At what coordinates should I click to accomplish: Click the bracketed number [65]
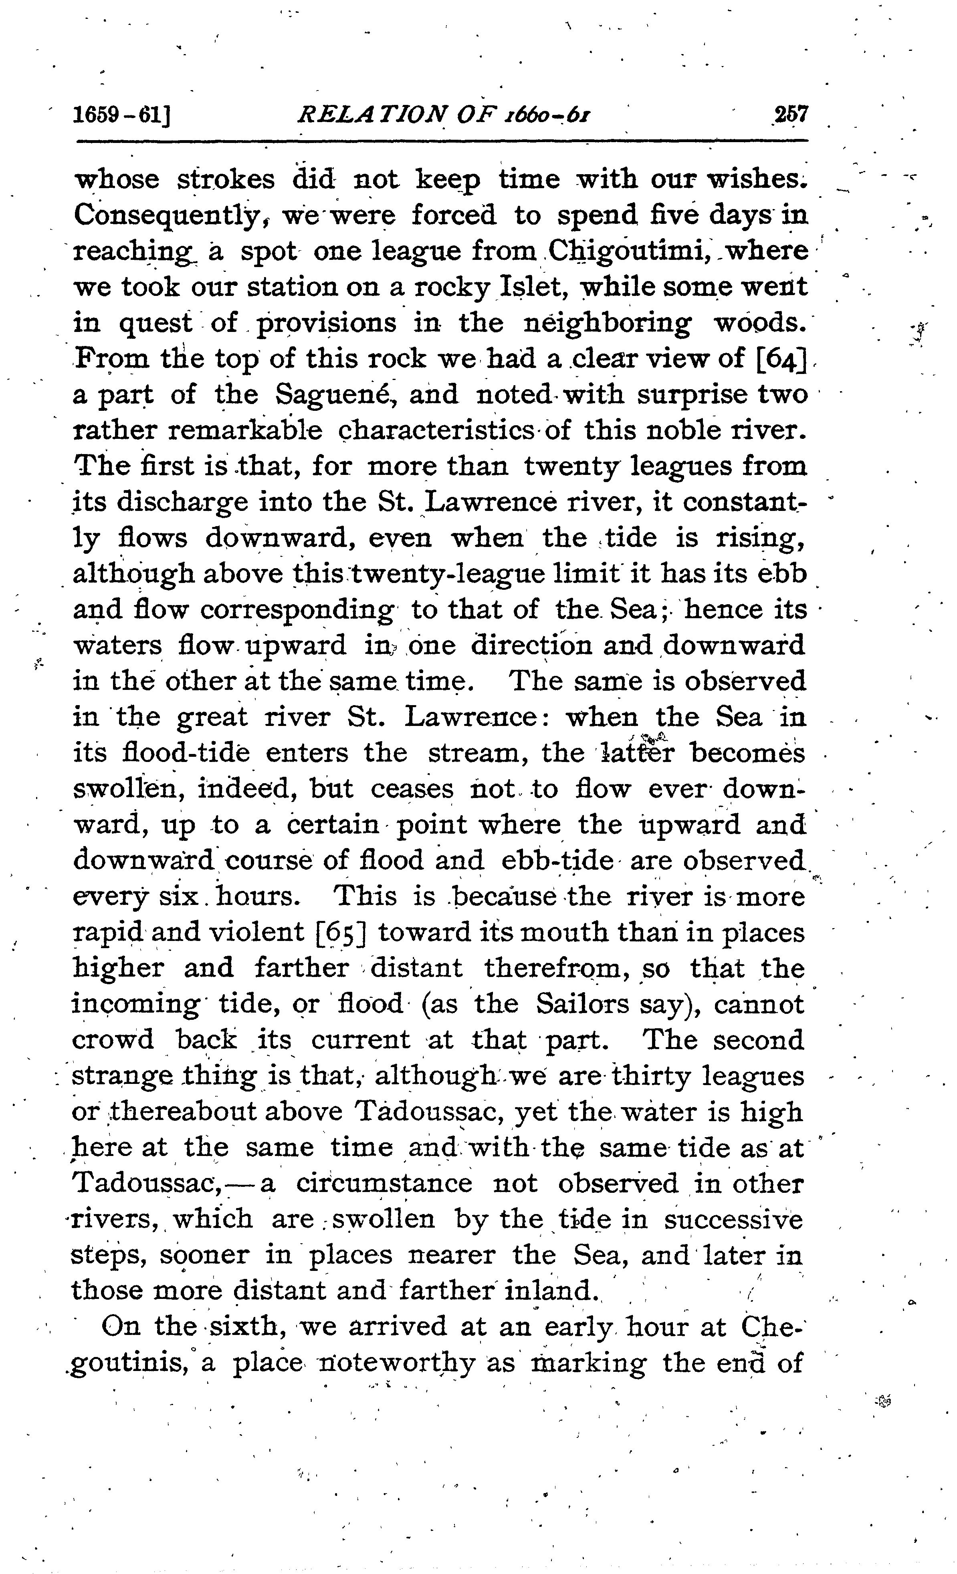coord(342,932)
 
